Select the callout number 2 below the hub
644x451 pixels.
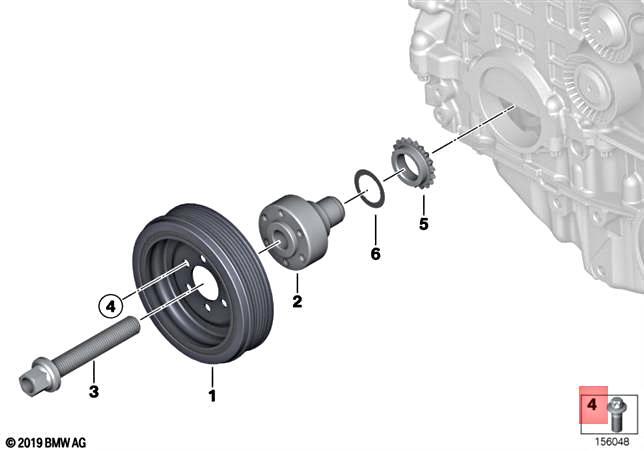(296, 301)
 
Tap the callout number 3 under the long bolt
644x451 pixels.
(93, 392)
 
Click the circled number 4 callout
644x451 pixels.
(110, 305)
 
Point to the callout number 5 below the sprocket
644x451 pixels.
(423, 224)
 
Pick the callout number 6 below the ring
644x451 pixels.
(375, 254)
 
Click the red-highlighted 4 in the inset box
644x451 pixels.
(591, 406)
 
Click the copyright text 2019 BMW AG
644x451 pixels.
(46, 442)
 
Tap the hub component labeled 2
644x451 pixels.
(295, 232)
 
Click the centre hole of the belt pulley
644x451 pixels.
(203, 284)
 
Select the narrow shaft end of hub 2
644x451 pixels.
(331, 211)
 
